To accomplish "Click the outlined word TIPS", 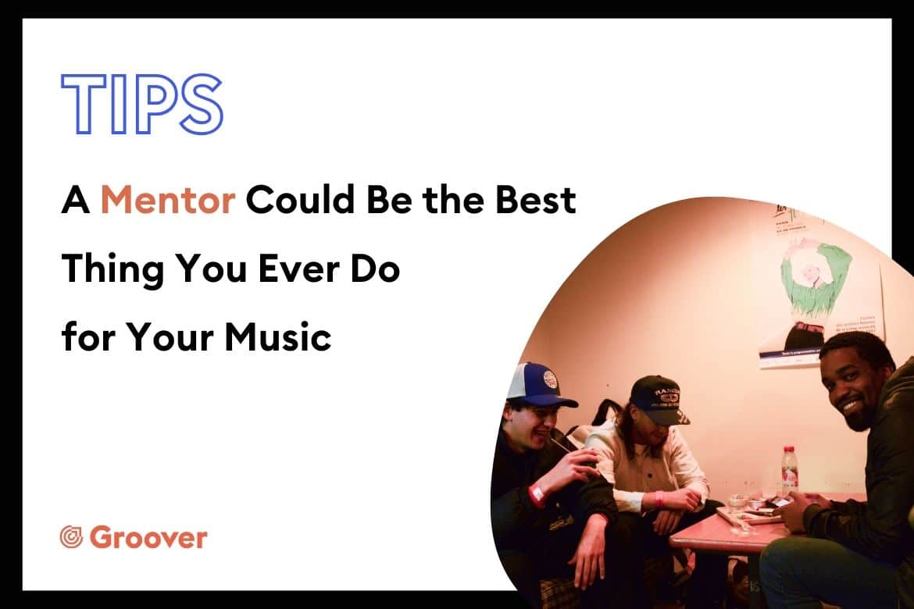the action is [x=142, y=105].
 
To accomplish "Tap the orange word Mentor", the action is [x=168, y=199].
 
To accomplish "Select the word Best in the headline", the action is [x=535, y=199].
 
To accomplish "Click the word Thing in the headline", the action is [x=112, y=270].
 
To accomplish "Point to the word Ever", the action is [x=299, y=269].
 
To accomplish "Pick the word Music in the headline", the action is [x=278, y=337].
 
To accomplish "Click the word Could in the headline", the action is [x=300, y=199].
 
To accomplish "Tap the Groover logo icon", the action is [x=72, y=537].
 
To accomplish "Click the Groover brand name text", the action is [x=148, y=537].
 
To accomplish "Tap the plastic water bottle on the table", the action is [x=789, y=470].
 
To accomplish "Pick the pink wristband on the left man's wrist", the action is [x=536, y=494].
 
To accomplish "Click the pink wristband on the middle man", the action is [x=659, y=499].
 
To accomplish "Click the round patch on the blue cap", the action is [x=549, y=380].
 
